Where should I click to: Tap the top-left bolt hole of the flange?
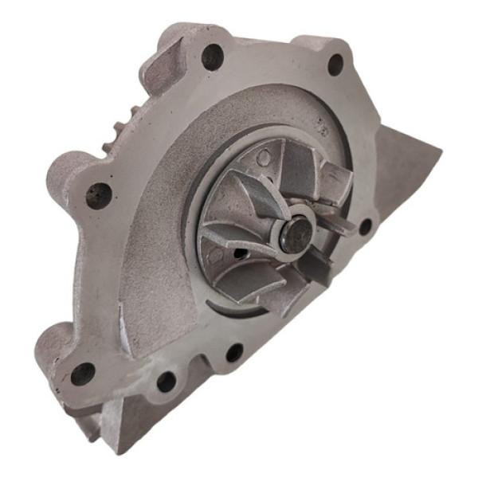click(x=212, y=56)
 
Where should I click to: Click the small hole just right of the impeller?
click(x=364, y=227)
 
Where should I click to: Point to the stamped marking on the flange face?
click(x=322, y=126)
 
